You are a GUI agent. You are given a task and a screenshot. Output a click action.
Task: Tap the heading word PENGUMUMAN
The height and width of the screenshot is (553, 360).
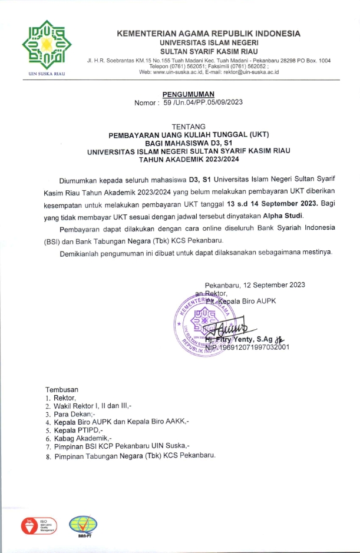click(x=189, y=94)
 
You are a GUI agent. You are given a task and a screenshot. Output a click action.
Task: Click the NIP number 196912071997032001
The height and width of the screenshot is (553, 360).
click(x=255, y=347)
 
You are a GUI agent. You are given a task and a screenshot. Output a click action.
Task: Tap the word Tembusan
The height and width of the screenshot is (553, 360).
click(x=62, y=389)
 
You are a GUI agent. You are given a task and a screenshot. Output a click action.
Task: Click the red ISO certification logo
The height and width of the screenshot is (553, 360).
click(x=38, y=526)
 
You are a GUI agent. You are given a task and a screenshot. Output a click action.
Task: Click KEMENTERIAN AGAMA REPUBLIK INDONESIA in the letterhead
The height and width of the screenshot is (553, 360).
click(x=209, y=34)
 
